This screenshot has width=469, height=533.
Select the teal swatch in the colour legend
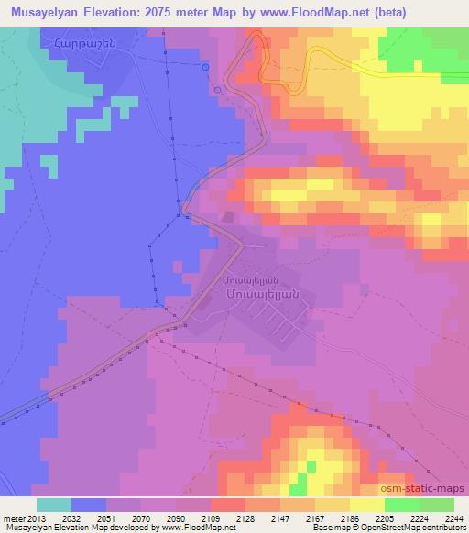(x=54, y=505)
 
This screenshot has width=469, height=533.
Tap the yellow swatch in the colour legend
(x=367, y=505)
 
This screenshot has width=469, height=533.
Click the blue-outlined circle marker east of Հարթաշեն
(x=206, y=67)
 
